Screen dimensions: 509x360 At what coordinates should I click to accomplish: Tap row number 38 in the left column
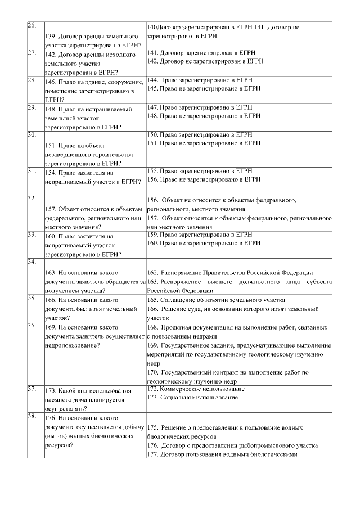click(x=31, y=417)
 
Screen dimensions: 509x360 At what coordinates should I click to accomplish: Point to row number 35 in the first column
click(x=31, y=299)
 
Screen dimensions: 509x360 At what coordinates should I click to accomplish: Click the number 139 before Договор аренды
click(x=51, y=36)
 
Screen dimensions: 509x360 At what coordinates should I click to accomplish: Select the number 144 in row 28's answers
click(x=152, y=81)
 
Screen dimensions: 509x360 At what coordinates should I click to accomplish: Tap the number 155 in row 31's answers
click(x=152, y=171)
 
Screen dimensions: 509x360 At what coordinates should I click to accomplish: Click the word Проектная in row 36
click(x=178, y=327)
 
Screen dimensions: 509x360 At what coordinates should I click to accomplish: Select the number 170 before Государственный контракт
click(x=152, y=372)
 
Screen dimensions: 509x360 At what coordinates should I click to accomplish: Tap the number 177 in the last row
click(x=152, y=454)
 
